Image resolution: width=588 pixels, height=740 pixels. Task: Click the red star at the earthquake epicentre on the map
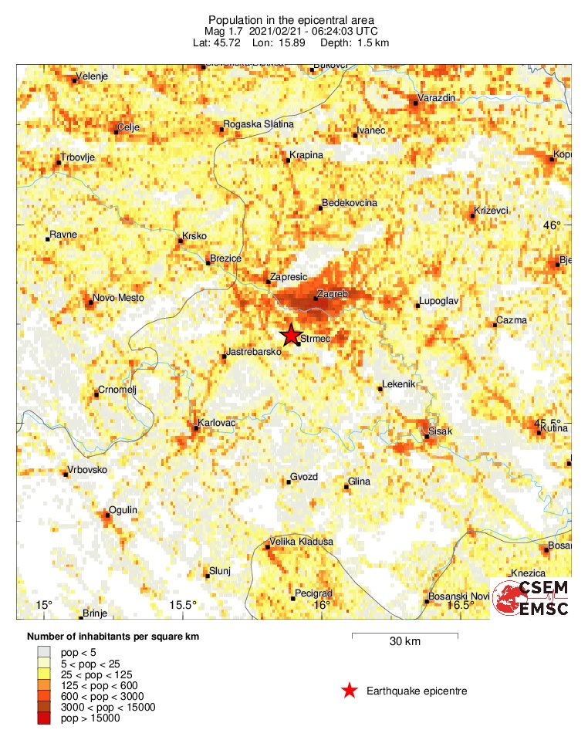[x=290, y=335]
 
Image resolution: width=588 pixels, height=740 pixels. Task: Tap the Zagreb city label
[x=333, y=295]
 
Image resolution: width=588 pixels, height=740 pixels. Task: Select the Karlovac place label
[x=217, y=424]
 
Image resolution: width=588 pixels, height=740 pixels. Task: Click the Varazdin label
[x=436, y=98]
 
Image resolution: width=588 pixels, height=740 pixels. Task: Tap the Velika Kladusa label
[x=301, y=542]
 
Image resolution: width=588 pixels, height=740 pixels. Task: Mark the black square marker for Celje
[x=116, y=132]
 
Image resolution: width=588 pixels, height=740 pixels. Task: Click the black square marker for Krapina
[x=286, y=161]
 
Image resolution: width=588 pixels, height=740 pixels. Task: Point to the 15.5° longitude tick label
[x=183, y=604]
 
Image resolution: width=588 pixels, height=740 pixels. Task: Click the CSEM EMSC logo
[x=531, y=598]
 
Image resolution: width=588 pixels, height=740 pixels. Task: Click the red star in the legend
[x=350, y=691]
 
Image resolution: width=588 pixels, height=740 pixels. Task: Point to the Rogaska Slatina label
[x=258, y=125]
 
